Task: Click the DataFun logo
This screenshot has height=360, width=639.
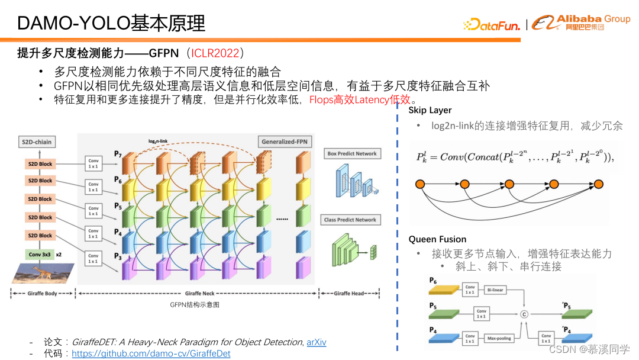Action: click(492, 25)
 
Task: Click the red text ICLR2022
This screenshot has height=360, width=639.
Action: click(215, 53)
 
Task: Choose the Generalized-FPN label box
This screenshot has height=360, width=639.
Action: click(285, 142)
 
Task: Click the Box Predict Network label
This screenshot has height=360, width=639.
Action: click(351, 153)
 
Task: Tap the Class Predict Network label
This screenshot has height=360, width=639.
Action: click(350, 220)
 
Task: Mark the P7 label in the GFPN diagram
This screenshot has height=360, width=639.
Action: click(118, 154)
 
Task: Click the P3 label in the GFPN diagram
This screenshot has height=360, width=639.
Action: click(118, 256)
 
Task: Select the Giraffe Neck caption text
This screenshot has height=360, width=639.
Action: click(199, 293)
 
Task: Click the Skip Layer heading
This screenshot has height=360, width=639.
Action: click(430, 110)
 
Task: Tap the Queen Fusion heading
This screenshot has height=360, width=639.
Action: click(437, 239)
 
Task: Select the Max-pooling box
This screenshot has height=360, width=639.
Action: click(499, 339)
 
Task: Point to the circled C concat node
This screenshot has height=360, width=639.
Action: click(524, 314)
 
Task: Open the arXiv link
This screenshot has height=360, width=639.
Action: click(317, 342)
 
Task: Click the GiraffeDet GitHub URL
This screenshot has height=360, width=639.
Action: click(151, 353)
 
